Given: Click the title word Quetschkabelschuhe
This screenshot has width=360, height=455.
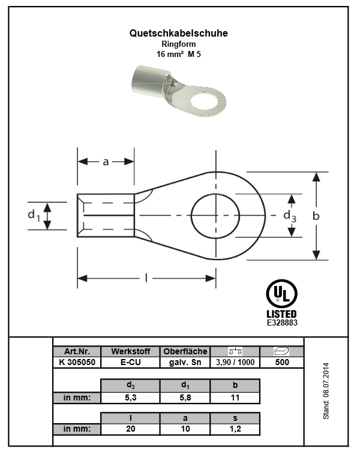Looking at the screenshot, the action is (178, 33).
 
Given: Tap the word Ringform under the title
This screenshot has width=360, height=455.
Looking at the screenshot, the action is (179, 44).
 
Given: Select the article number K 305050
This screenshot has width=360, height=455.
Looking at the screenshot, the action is (77, 362).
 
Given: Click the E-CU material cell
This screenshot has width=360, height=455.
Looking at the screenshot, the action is (130, 362).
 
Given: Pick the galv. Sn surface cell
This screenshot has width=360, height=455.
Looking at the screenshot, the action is (185, 362).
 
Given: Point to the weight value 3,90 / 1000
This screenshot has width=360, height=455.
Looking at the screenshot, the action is (235, 362).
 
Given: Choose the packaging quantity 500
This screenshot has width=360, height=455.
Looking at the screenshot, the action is (282, 362).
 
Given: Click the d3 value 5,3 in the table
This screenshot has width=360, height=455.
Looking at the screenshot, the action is (130, 397).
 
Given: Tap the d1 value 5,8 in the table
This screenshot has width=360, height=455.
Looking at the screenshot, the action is (185, 397).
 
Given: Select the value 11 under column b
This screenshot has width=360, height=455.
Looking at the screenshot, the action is (235, 397).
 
